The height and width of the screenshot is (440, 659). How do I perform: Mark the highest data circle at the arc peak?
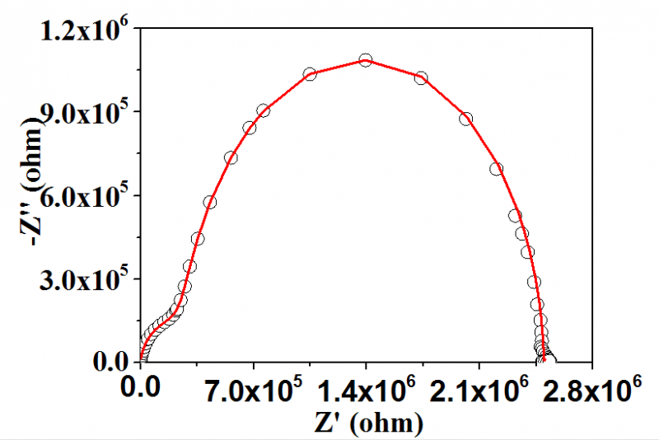366,59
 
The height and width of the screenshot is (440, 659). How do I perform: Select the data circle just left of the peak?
311,74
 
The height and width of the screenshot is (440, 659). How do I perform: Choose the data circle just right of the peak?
421,77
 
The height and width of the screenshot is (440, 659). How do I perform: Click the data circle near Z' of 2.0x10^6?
465,119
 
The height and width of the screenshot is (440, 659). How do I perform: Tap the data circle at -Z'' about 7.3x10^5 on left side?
231,157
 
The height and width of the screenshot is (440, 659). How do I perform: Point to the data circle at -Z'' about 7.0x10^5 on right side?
497,169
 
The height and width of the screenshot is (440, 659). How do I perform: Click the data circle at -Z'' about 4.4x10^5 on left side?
198,239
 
